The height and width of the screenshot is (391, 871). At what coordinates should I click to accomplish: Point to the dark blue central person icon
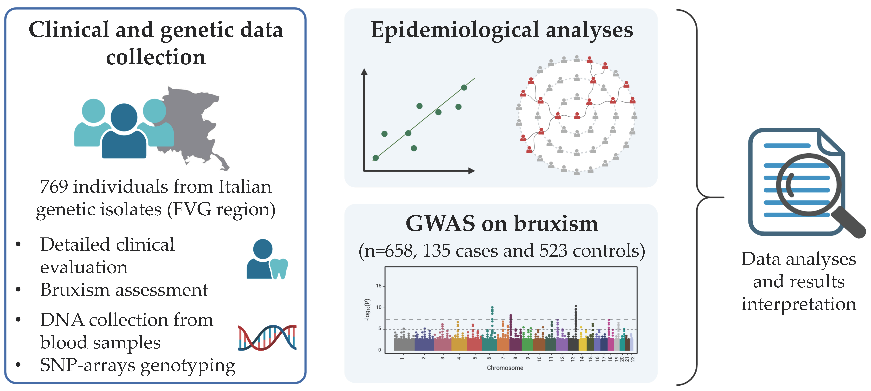[124, 134]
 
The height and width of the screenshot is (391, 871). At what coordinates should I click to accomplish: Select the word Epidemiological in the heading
[455, 30]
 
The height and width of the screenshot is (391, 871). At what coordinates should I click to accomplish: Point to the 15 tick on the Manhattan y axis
[379, 286]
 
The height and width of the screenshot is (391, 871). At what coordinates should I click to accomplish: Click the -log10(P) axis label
[368, 309]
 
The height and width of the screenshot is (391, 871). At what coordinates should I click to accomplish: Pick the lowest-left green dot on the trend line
[375, 158]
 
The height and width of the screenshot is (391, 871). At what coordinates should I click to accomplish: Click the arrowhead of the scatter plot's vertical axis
[364, 72]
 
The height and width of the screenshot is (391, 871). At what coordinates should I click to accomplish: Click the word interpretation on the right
[799, 304]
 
